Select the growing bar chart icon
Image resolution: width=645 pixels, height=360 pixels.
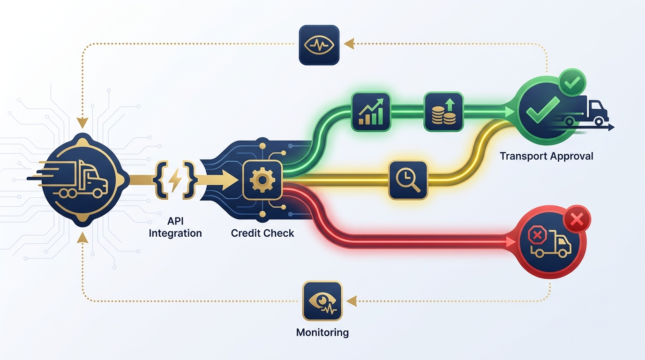(371, 111)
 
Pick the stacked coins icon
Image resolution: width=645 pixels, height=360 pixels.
(443, 112)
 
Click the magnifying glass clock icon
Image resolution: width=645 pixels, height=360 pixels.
(408, 180)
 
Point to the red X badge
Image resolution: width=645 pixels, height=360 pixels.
(577, 219)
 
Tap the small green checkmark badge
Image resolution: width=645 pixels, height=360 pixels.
(572, 83)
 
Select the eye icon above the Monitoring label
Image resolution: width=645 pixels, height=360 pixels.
(322, 300)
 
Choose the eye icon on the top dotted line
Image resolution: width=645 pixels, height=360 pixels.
(319, 45)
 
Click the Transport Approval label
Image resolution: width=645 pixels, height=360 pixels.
(547, 156)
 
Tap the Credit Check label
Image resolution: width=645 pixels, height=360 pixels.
(262, 233)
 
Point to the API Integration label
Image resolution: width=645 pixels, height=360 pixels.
(175, 226)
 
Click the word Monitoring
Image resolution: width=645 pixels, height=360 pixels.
(322, 333)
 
